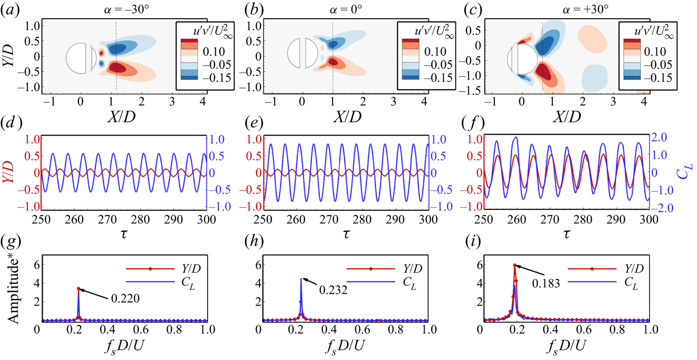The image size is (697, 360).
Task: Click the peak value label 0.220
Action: (x=126, y=299)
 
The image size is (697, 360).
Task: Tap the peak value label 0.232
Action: (x=333, y=290)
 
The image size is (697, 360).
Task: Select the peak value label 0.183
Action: (x=546, y=284)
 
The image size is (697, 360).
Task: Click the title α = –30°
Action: (x=126, y=9)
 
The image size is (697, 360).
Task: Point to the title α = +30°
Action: (x=585, y=9)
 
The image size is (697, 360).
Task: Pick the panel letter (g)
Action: (x=10, y=241)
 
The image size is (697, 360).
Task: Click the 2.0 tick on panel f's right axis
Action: (x=659, y=138)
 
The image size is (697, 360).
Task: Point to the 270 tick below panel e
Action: (x=329, y=220)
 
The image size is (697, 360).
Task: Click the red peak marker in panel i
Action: (x=515, y=265)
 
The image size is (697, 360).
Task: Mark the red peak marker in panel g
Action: (x=78, y=289)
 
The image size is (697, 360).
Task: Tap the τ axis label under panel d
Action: (x=124, y=234)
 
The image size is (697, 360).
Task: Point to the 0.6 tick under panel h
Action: (x=362, y=329)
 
